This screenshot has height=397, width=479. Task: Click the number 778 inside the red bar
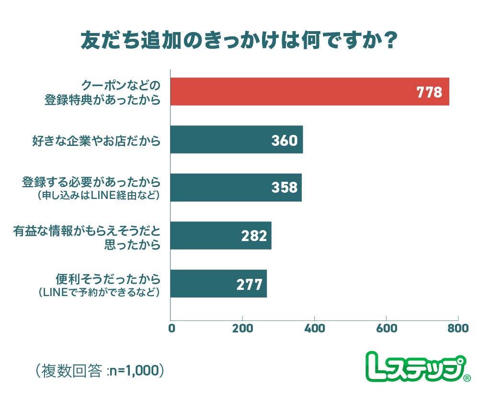pos(429,92)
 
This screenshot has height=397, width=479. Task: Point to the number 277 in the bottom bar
pos(250,284)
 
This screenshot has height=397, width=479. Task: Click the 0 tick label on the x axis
pos(171,329)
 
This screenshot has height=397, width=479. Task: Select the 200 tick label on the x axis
pos(242,329)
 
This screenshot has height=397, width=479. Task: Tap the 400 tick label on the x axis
pos(314,329)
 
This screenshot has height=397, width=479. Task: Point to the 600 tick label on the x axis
pos(386,329)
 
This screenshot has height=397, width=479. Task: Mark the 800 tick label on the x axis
pos(457,329)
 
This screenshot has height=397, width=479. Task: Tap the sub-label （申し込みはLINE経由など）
pos(98,196)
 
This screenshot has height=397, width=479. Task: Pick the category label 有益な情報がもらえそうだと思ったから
pos(86,237)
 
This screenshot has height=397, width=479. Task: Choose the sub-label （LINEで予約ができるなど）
pos(98,291)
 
